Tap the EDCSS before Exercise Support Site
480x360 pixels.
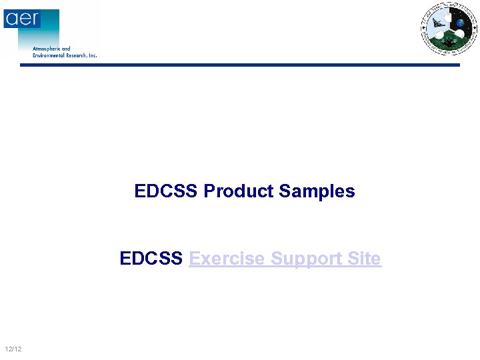(151, 259)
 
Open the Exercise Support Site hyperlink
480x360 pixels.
(285, 259)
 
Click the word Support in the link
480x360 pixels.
(307, 259)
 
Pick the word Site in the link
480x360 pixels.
(365, 259)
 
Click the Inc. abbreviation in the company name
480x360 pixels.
(93, 55)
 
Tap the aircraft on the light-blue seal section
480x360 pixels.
(437, 25)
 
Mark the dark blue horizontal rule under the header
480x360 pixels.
(240, 65)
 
